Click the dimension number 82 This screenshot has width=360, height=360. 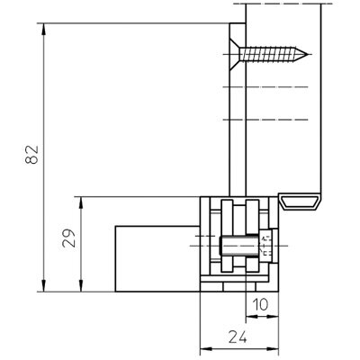pos(31,155)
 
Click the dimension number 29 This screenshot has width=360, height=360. pos(68,238)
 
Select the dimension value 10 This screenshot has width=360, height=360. pos(260,304)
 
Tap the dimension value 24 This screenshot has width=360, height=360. pos(238,337)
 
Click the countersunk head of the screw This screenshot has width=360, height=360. pos(235,54)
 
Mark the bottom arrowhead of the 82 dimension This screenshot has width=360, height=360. pos(44,285)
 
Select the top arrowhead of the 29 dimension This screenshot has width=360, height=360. pos(81,203)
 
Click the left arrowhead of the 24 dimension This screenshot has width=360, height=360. pos(206,349)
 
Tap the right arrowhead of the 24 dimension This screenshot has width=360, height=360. pos(273,349)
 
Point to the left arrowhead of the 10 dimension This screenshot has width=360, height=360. pos(252,317)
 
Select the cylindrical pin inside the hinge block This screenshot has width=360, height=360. pos(239,246)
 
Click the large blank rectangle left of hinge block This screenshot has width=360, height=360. pos(157,258)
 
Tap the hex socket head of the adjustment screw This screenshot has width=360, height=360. pos(265,246)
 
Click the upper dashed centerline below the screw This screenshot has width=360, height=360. pos(265,87)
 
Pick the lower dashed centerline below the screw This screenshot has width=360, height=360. pos(265,120)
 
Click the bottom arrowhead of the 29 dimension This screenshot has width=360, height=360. pos(81,285)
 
